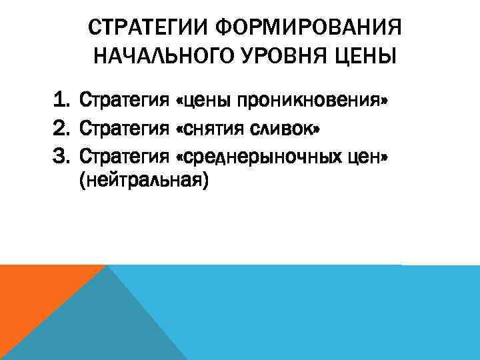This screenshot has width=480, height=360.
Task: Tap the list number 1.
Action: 62,102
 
